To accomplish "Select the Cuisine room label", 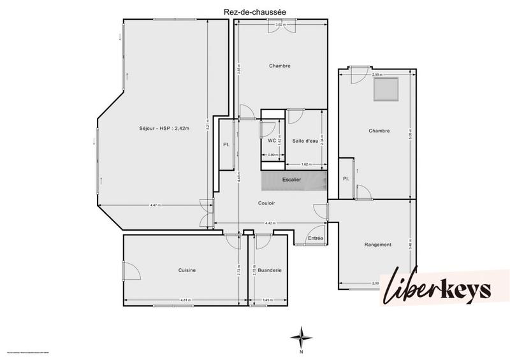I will pos(187,270).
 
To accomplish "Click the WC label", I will pos(272,140).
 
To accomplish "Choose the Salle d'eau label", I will pos(305,140).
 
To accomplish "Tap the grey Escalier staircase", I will pos(294,180).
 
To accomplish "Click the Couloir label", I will pos(266,203).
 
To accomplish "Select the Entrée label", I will pos(315,238).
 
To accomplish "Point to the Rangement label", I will pos(377,245).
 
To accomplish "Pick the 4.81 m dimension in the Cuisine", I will pos(186,300).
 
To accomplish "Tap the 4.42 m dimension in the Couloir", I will pos(270,223).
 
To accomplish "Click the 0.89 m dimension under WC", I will pos(272,155).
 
